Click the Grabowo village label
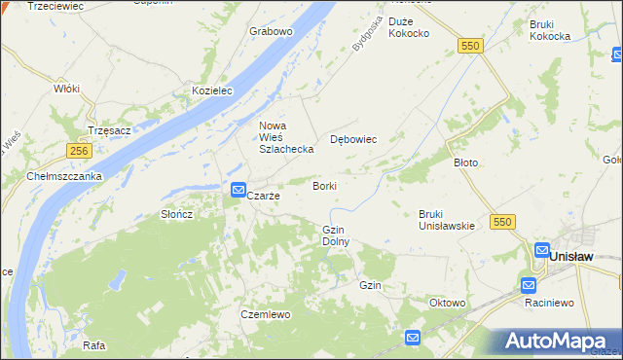[271, 31]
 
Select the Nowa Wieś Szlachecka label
[285, 137]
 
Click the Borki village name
[325, 185]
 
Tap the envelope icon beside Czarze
[238, 191]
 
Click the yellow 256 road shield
[80, 151]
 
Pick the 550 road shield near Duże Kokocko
[471, 46]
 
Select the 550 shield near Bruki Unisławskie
[502, 222]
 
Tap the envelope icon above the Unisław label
[541, 249]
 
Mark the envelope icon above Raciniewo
[529, 285]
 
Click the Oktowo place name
[448, 303]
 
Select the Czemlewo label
[266, 314]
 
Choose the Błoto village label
[466, 162]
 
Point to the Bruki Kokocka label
[549, 29]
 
